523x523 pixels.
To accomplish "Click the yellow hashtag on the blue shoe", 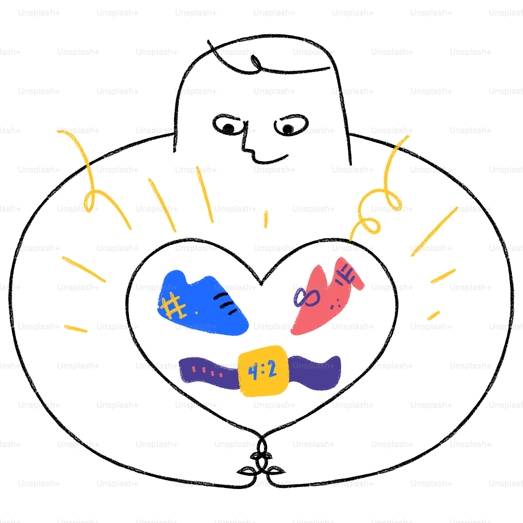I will pyautogui.click(x=173, y=305).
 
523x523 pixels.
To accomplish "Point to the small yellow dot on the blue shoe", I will pyautogui.click(x=196, y=312).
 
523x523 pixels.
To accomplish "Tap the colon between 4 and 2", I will pyautogui.click(x=263, y=371).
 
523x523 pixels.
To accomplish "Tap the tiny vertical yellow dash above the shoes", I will pyautogui.click(x=266, y=219).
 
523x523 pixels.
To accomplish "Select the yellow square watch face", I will pyautogui.click(x=263, y=371).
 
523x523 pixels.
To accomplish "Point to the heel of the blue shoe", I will pyautogui.click(x=173, y=280).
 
